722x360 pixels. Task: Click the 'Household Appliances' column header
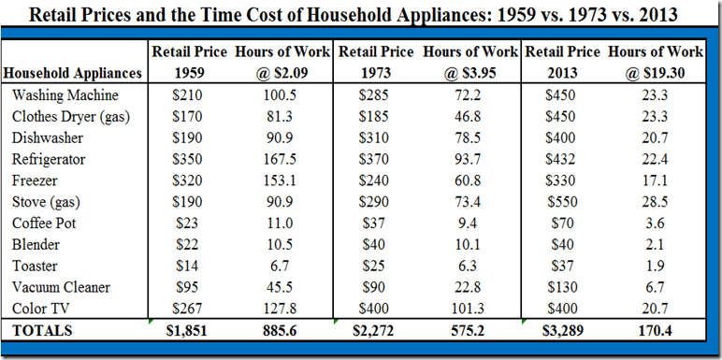[x=73, y=72]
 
